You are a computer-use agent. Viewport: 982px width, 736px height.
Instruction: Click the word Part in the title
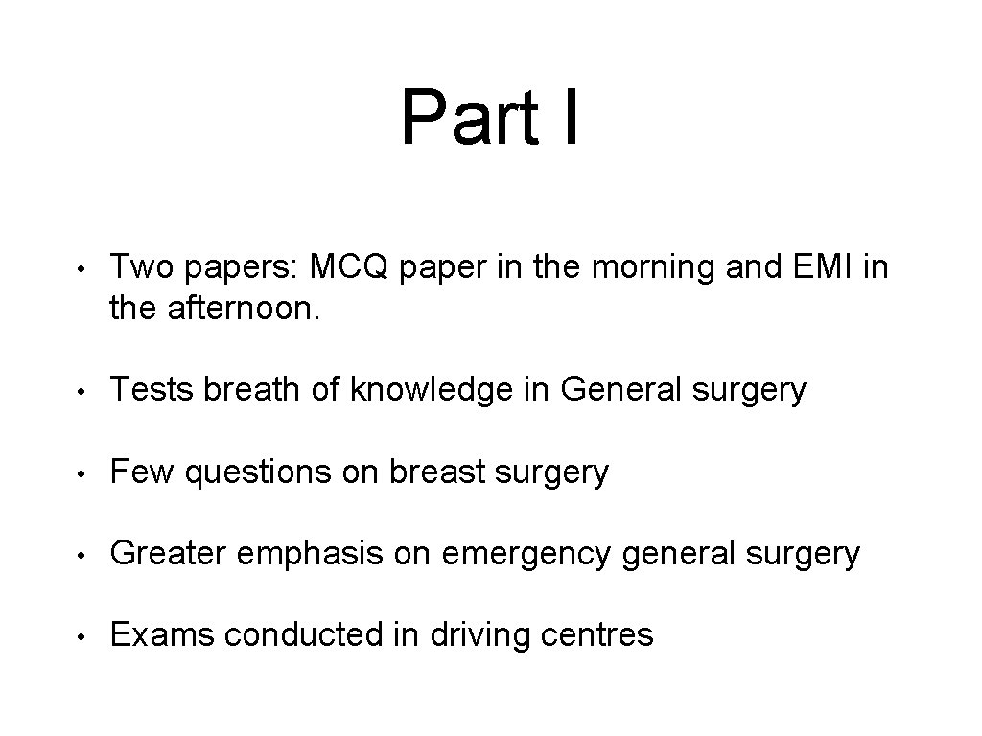pos(456,117)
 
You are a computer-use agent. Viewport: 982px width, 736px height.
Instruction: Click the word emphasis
pos(303,555)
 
